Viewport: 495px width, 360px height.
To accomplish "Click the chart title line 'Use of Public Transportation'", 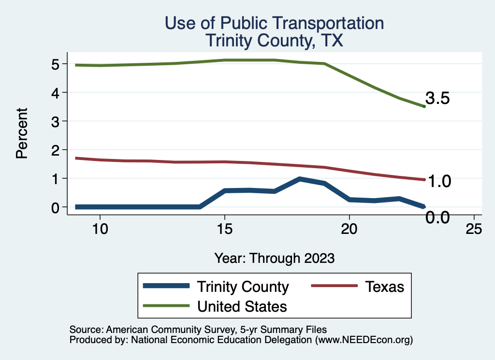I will coord(274,23).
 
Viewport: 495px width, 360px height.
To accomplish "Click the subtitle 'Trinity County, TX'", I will coord(274,40).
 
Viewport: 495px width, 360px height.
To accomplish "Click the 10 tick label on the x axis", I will coord(100,229).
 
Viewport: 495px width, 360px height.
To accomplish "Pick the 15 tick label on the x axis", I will coord(225,229).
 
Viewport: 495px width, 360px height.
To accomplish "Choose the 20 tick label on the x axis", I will coord(349,229).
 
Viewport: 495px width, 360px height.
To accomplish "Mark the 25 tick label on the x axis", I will coord(474,229).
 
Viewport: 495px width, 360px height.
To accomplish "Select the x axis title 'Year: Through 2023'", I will coord(274,258).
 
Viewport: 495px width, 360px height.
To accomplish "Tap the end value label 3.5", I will coord(438,99).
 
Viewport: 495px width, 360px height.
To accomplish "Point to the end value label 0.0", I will coord(438,217).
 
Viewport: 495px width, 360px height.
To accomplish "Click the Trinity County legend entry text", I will coord(243,287).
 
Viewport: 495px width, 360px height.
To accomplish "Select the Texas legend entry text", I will coord(384,287).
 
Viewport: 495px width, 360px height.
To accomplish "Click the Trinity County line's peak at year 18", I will coord(300,179).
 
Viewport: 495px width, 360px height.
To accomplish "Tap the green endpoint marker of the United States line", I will coord(424,106).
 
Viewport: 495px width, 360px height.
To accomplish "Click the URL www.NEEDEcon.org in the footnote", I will coord(364,340).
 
